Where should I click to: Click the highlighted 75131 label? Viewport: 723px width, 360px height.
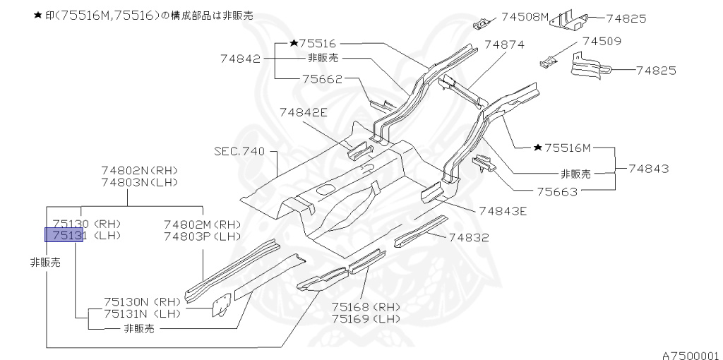pyautogui.click(x=64, y=235)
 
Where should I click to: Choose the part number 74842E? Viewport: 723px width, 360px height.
pyautogui.click(x=303, y=112)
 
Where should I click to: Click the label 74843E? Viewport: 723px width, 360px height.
pyautogui.click(x=502, y=210)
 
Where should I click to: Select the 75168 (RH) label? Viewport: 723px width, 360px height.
pyautogui.click(x=366, y=307)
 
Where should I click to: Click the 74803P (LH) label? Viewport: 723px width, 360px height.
pyautogui.click(x=203, y=236)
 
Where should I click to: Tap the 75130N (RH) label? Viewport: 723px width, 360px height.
pyautogui.click(x=142, y=301)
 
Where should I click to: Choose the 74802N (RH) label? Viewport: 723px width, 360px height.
pyautogui.click(x=139, y=170)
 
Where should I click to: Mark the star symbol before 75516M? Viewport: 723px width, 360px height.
pyautogui.click(x=538, y=148)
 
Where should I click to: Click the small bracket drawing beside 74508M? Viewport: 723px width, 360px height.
pyautogui.click(x=482, y=23)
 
